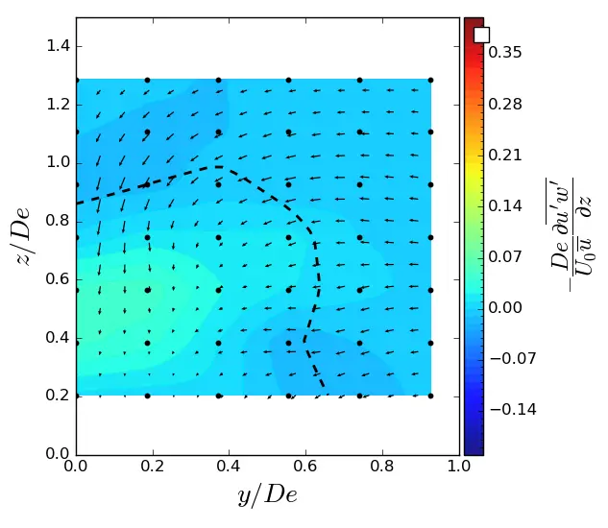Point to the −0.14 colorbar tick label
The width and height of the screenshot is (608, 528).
509,409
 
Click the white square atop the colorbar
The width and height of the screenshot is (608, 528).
481,35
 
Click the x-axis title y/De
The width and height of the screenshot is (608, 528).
267,495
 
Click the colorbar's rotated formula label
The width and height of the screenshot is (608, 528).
572,236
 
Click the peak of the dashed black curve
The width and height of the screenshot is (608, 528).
219,167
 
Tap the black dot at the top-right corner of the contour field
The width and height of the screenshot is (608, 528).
430,80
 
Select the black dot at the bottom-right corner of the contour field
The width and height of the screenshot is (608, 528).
430,396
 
